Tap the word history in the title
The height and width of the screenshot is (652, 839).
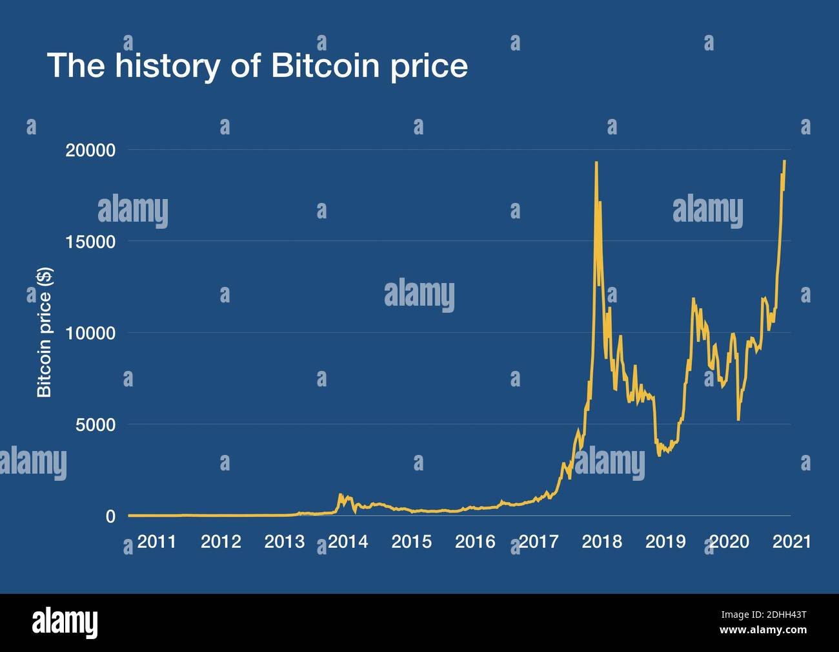pyautogui.click(x=166, y=67)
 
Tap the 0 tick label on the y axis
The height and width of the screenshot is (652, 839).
pyautogui.click(x=111, y=516)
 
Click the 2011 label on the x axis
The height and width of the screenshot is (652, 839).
pyautogui.click(x=157, y=542)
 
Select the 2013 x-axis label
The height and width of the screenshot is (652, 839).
pyautogui.click(x=284, y=542)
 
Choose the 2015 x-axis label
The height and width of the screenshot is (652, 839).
pyautogui.click(x=411, y=542)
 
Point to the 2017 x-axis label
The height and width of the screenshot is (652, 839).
pyautogui.click(x=538, y=542)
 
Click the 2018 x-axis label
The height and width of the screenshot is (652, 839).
pyautogui.click(x=601, y=542)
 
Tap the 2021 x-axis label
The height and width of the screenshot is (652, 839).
pyautogui.click(x=792, y=542)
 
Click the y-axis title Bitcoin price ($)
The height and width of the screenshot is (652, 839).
pyautogui.click(x=44, y=333)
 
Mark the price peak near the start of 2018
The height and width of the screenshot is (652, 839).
pyautogui.click(x=596, y=162)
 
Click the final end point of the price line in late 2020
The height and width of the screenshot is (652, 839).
pyautogui.click(x=784, y=161)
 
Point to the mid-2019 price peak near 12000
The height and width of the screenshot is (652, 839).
pyautogui.click(x=693, y=299)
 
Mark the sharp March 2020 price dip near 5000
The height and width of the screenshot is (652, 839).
pyautogui.click(x=738, y=420)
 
